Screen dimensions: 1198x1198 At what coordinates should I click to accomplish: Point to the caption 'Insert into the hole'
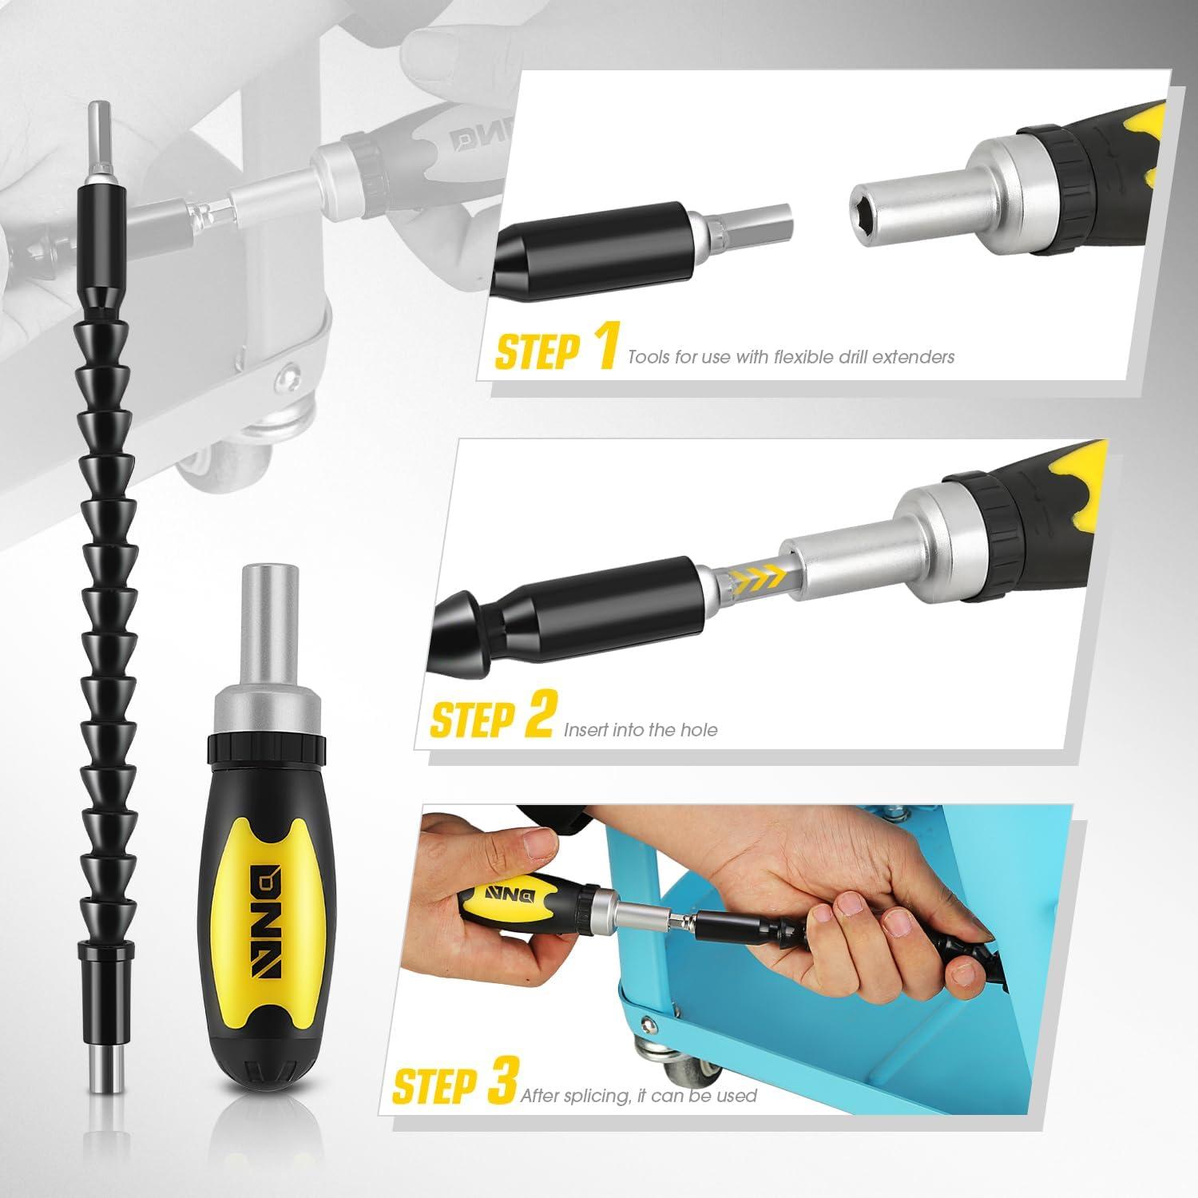pos(641,729)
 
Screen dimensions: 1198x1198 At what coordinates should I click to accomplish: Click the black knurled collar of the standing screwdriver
pos(267,748)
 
